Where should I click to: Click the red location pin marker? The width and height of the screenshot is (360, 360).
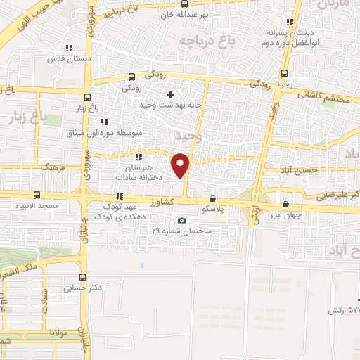tap(181, 165)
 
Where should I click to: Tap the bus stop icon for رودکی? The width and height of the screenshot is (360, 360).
tap(132, 77)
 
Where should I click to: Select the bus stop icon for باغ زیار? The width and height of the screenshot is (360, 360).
tap(87, 98)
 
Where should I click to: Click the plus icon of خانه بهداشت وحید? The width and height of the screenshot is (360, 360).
tap(170, 94)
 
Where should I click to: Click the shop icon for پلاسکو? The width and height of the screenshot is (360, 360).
tap(212, 198)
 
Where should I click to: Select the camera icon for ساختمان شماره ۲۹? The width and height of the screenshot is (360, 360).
tap(182, 221)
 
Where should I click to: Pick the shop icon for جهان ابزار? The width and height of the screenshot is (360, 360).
tap(285, 204)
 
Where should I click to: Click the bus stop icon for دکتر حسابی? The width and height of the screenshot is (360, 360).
tap(84, 277)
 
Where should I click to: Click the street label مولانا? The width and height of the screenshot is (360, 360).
tap(53, 333)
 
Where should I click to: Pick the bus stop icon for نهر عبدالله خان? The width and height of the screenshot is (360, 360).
tap(184, 4)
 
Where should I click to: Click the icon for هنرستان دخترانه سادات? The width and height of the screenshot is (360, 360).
tap(138, 157)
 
